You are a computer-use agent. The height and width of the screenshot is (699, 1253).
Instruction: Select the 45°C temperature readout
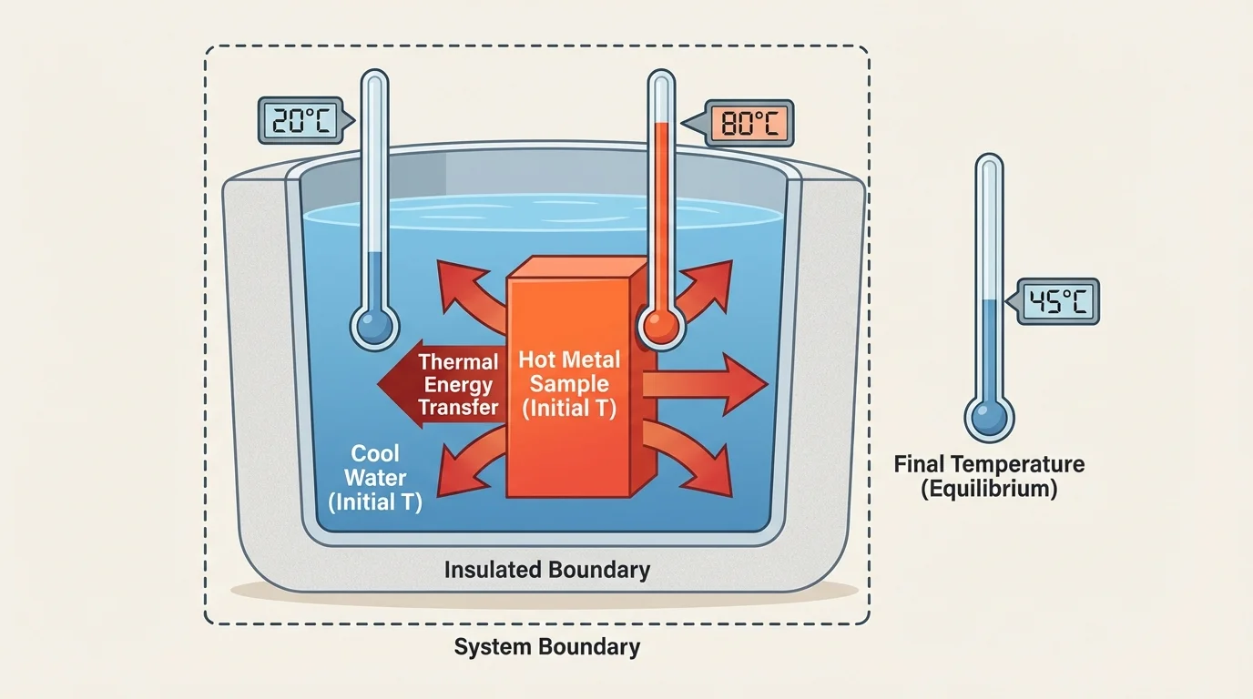1056,301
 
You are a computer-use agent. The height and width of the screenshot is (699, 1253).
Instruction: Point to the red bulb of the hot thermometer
661,324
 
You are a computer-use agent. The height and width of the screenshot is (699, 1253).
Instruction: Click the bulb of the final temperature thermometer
989,418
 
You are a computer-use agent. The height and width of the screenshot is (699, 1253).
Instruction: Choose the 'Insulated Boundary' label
547,571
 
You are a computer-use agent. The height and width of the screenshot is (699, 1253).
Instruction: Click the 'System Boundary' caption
547,648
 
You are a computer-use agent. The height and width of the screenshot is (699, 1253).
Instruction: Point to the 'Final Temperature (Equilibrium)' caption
989,476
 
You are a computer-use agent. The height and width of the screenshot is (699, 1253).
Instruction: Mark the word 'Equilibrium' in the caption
989,489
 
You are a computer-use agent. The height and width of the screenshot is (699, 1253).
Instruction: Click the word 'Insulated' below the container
487,571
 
